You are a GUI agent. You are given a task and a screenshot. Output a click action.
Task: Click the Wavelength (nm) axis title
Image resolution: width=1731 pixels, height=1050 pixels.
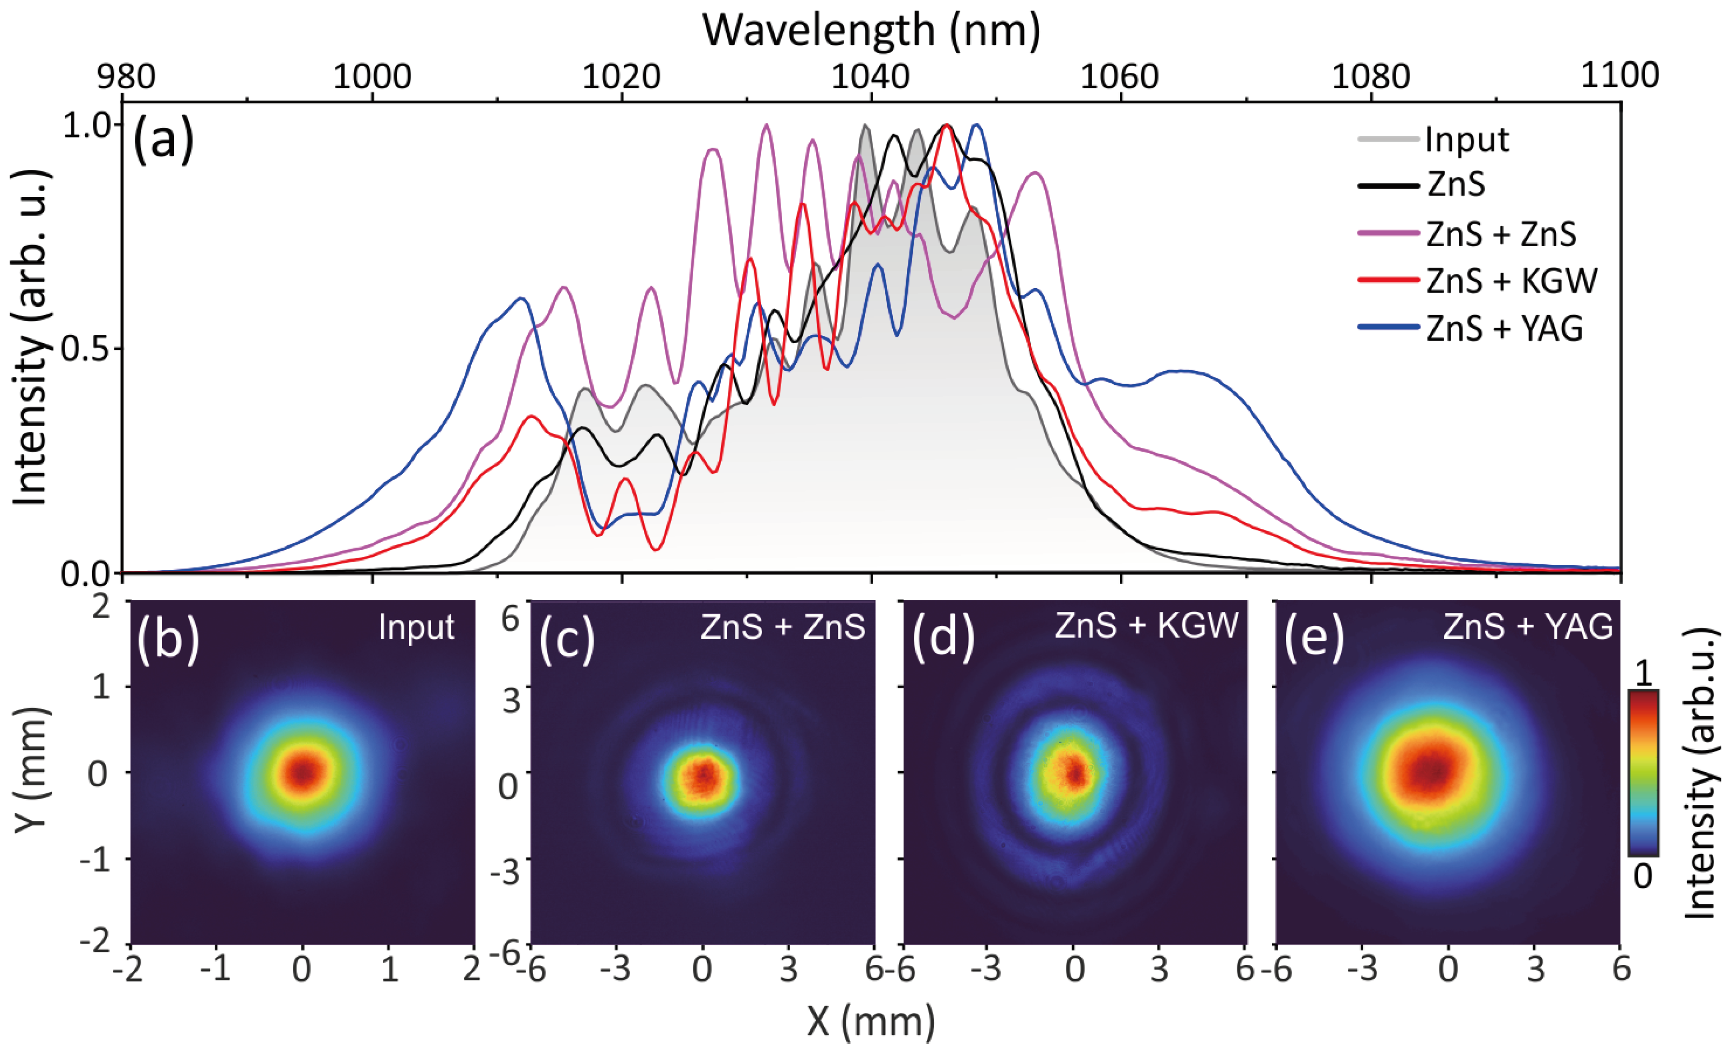[871, 31]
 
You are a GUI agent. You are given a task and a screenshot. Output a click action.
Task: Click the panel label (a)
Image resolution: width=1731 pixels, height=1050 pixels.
[163, 140]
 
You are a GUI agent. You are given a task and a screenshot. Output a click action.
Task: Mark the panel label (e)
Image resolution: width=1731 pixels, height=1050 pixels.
[1314, 639]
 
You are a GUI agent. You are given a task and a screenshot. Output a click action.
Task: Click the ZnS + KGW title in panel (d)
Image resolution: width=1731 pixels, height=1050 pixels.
[1146, 625]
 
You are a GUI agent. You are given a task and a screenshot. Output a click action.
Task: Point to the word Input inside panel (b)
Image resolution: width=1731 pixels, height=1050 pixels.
[416, 627]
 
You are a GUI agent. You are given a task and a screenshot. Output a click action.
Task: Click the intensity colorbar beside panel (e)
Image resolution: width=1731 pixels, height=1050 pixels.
[1643, 773]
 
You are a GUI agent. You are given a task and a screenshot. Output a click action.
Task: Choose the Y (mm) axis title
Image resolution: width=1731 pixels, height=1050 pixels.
[31, 771]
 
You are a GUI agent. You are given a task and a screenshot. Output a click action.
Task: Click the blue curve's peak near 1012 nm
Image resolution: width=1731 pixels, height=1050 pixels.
[520, 299]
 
